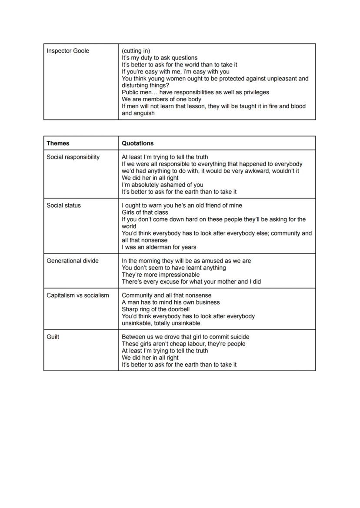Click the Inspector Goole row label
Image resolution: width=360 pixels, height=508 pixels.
click(x=68, y=51)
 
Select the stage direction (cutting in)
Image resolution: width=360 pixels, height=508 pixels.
click(x=136, y=51)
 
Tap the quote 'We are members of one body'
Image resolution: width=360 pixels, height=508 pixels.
click(x=161, y=99)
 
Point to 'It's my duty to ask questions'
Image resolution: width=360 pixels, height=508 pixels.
click(x=160, y=58)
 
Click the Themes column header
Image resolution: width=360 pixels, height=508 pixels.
click(x=58, y=143)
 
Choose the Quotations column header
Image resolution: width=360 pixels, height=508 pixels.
click(x=137, y=143)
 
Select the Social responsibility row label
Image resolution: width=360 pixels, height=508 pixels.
click(x=73, y=157)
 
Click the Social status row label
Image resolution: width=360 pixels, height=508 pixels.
click(x=63, y=205)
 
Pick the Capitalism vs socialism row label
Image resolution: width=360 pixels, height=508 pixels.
click(x=78, y=295)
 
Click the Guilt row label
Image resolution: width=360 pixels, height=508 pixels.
click(x=53, y=337)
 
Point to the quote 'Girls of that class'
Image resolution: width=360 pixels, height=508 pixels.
click(x=145, y=212)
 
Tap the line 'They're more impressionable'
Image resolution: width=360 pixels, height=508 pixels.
click(x=160, y=275)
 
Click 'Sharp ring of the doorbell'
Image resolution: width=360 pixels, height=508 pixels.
click(x=156, y=309)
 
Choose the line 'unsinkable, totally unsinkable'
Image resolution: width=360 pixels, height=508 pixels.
click(x=161, y=323)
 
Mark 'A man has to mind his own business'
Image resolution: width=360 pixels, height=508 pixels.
click(x=170, y=302)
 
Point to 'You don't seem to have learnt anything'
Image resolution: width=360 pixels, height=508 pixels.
click(x=173, y=268)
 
